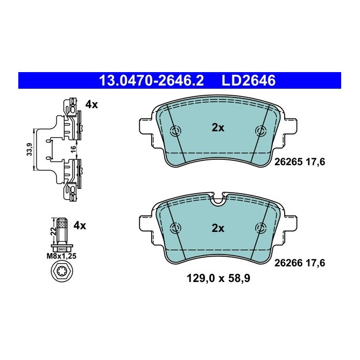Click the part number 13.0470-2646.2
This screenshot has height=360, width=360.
coord(151,81)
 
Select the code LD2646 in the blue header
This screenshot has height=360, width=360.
coord(249,81)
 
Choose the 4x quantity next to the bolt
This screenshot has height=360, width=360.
coord(79,225)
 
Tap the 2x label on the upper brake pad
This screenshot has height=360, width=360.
coord(217,128)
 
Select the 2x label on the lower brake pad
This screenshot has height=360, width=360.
coord(217,228)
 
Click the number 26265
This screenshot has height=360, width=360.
coord(289,161)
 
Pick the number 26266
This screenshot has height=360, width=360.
coord(289,263)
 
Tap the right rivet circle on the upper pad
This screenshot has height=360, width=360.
coord(261,131)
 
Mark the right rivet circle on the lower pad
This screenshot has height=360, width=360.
coord(261,227)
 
